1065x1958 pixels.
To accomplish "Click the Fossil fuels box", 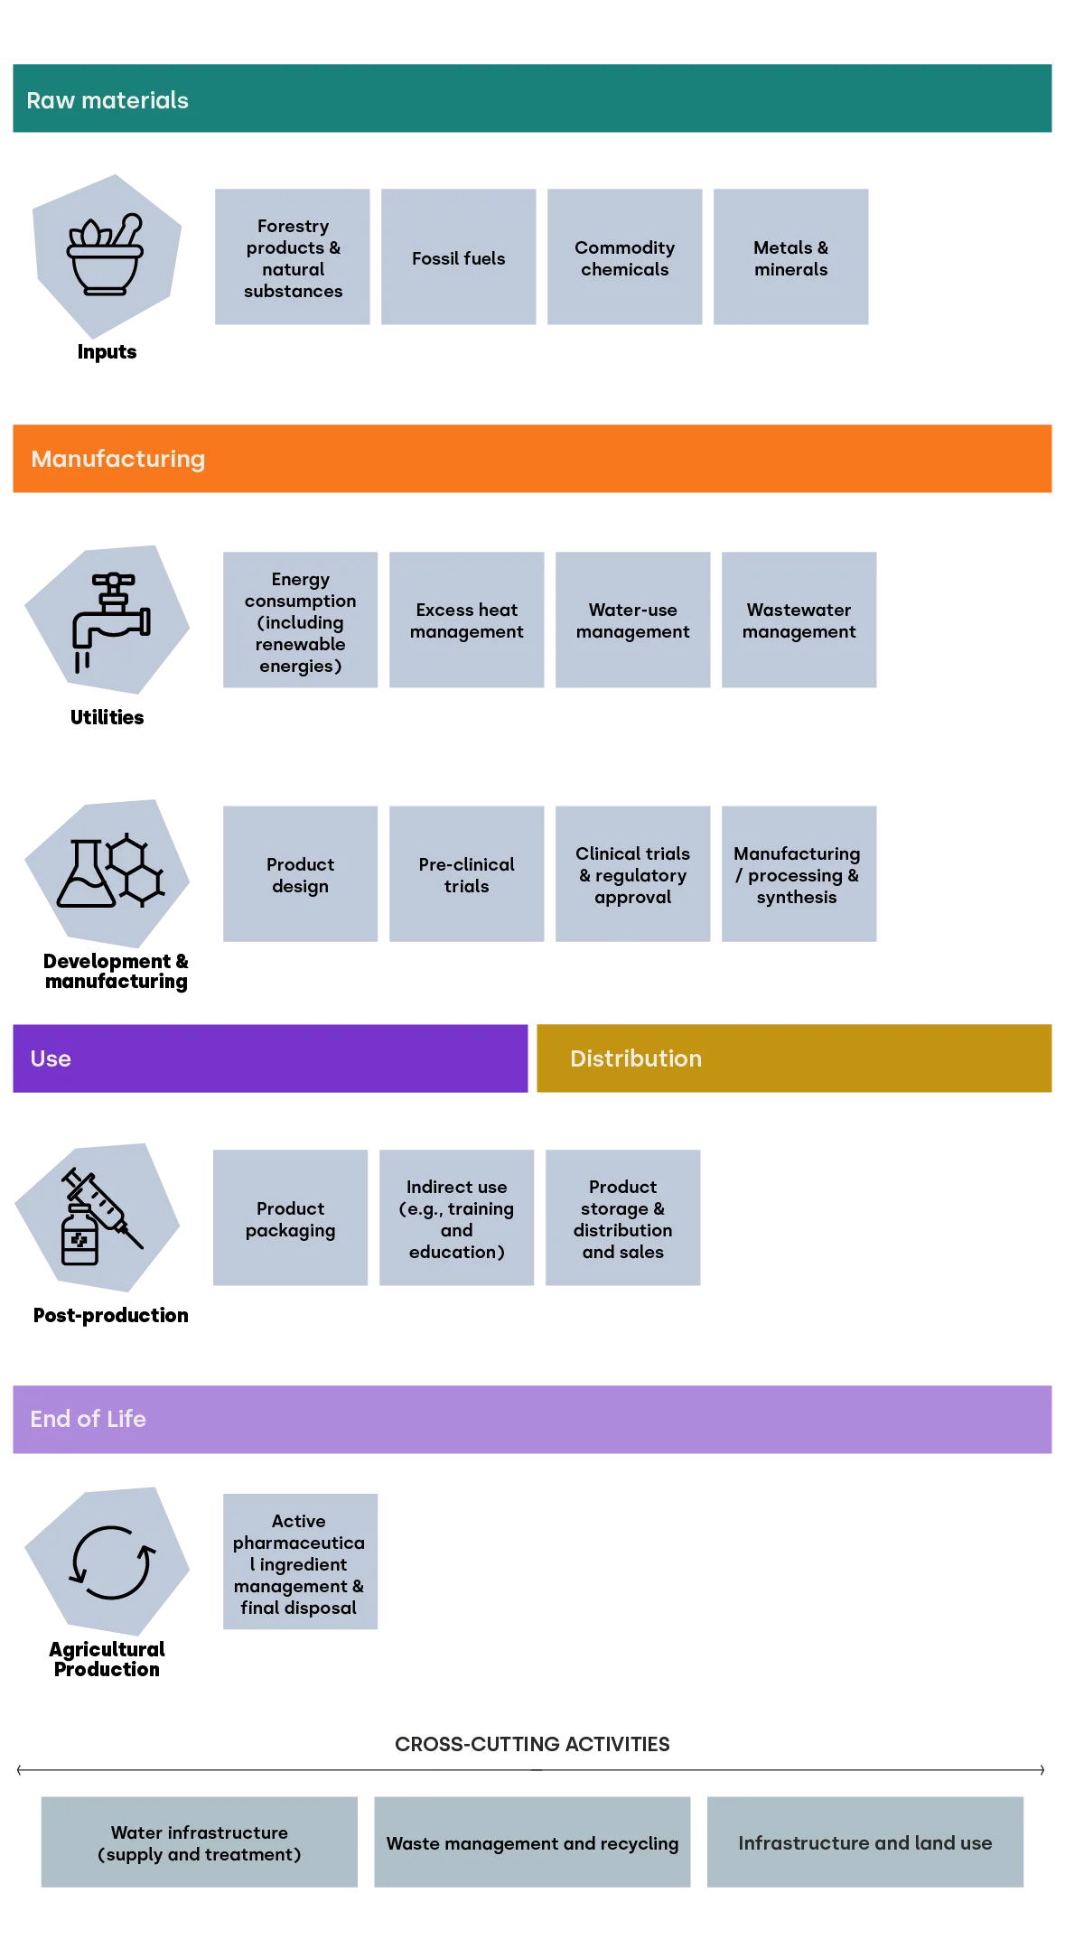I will [458, 257].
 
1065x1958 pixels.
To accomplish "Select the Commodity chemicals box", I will [624, 257].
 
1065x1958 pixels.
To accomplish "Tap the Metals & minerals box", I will [790, 257].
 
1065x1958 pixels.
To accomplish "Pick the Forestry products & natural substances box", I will [293, 257].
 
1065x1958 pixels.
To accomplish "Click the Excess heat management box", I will [466, 620].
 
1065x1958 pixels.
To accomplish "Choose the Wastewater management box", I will [799, 620].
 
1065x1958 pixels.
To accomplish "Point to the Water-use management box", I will [632, 620].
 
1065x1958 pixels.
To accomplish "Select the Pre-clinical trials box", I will [466, 874].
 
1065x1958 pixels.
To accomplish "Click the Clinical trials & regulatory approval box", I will [632, 874].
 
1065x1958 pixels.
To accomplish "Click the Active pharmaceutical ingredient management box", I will [299, 1563].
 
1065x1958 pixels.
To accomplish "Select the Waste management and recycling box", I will [531, 1842].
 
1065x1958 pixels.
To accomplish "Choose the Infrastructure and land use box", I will [864, 1842].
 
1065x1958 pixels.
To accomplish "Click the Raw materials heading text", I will [107, 100].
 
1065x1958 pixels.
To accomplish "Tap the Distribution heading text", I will [635, 1058].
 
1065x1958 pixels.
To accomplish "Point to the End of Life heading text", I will [88, 1419].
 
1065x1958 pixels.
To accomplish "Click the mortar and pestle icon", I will [106, 254].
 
